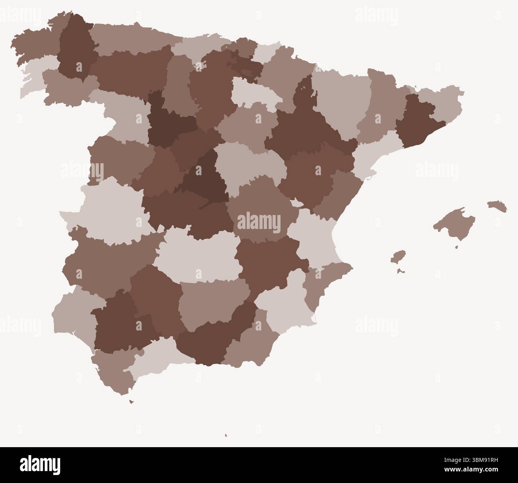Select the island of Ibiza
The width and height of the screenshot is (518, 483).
click(398, 256)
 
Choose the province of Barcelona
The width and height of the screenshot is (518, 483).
click(418, 119)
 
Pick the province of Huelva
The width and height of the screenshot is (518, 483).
click(74, 315)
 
